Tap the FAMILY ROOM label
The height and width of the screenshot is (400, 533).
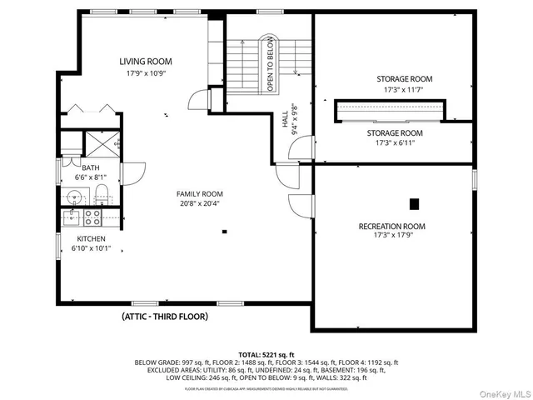click(x=199, y=193)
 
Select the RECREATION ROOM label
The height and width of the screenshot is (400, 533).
click(x=391, y=227)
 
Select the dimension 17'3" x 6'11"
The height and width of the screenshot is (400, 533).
click(x=395, y=143)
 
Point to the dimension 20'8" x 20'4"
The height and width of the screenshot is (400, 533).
click(x=199, y=203)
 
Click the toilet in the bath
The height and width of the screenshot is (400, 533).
click(x=100, y=197)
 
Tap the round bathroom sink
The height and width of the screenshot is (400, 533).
click(x=74, y=198)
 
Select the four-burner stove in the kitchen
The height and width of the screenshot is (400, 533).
click(x=91, y=218)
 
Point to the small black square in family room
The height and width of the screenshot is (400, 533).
click(x=224, y=231)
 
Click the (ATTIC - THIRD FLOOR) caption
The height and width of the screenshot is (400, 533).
click(x=164, y=317)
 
